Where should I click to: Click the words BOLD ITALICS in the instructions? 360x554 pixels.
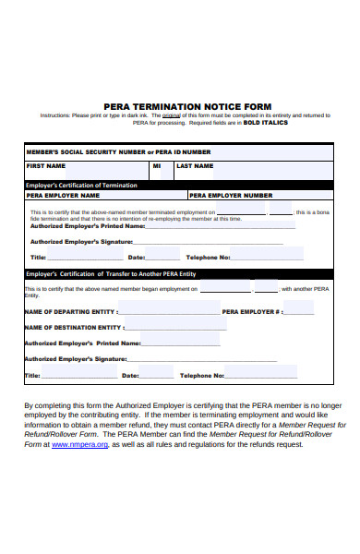[x=266, y=122]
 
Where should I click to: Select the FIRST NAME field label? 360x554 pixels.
[x=46, y=166]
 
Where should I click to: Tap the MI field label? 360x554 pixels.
[x=157, y=166]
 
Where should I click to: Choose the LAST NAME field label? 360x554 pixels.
[x=195, y=166]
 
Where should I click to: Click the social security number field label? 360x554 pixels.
[x=118, y=151]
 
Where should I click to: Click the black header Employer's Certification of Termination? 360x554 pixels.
[x=81, y=185]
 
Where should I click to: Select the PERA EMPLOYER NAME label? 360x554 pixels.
[x=63, y=196]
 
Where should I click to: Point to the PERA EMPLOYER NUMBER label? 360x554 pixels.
[x=232, y=196]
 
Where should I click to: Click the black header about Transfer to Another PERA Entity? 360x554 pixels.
[x=111, y=273]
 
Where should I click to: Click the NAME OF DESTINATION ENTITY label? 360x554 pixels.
[x=72, y=327]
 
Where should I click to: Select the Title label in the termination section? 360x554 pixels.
[x=38, y=258]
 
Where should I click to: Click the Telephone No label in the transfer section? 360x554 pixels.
[x=201, y=376]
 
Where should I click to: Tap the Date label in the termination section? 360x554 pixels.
[x=137, y=258]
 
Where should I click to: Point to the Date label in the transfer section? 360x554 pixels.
[x=131, y=376]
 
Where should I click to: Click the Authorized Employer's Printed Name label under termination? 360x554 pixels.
[x=88, y=225]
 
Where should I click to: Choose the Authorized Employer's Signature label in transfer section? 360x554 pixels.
[x=75, y=358]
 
